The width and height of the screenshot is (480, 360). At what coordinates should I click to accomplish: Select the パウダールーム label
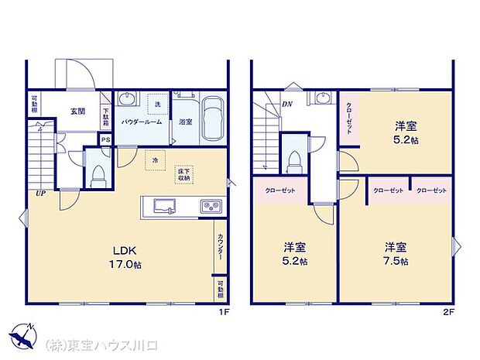click(141, 122)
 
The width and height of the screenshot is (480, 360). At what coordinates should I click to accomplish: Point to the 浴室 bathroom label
click(185, 122)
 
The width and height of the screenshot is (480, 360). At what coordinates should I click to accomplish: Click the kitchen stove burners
click(211, 207)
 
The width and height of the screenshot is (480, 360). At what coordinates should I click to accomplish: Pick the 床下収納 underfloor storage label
click(183, 175)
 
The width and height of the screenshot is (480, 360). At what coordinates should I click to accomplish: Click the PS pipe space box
click(105, 139)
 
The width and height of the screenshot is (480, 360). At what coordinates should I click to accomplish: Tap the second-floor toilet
click(293, 161)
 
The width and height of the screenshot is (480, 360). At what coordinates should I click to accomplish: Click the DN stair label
click(287, 103)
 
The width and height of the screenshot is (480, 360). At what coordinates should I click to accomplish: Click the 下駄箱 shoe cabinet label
click(106, 117)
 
